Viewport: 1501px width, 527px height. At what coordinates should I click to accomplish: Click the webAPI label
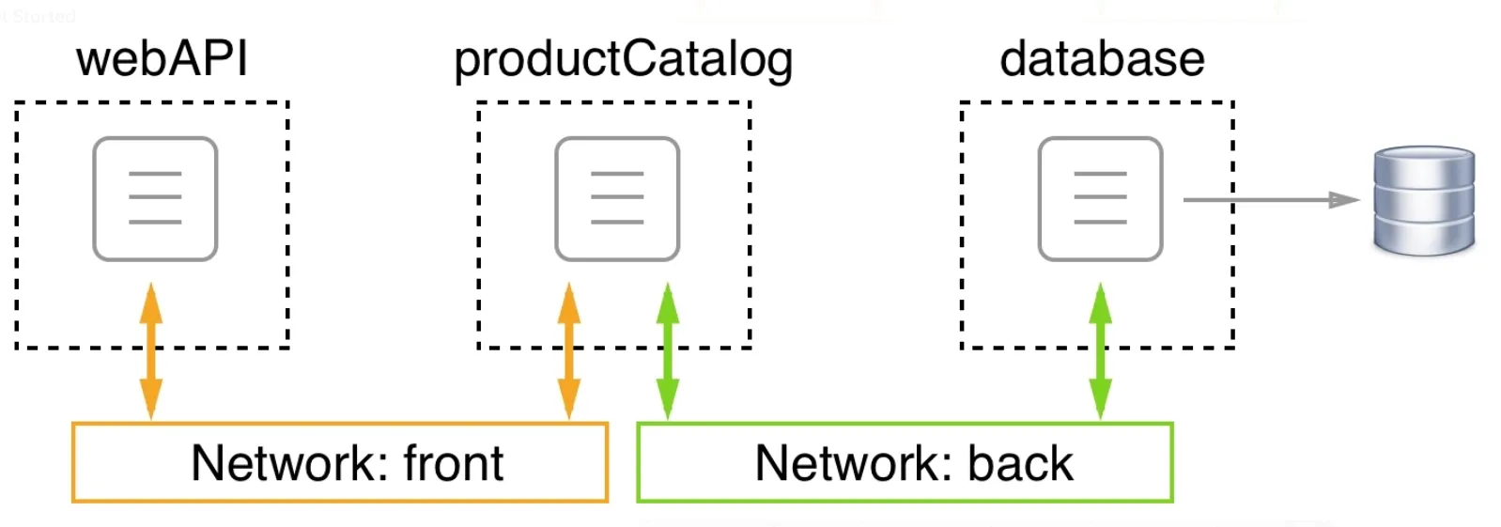[x=162, y=60]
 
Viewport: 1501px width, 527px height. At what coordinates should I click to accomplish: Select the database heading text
[x=1103, y=60]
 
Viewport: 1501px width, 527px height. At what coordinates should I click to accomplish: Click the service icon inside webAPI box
[x=156, y=198]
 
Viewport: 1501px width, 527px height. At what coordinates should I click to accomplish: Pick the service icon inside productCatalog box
[x=617, y=198]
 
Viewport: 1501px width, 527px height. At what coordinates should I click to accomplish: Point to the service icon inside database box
[x=1100, y=198]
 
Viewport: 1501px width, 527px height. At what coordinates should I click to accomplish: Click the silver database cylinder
[x=1424, y=200]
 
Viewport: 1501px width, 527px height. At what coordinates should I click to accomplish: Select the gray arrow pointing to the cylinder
[x=1272, y=200]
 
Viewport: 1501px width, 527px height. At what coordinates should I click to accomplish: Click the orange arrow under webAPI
[x=151, y=351]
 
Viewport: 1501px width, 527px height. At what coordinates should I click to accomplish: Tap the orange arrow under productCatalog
[x=569, y=351]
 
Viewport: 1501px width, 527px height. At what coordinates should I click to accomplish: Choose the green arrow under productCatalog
[x=668, y=351]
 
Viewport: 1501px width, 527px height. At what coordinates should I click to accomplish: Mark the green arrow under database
[x=1100, y=351]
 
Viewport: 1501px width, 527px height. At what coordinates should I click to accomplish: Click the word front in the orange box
[x=454, y=462]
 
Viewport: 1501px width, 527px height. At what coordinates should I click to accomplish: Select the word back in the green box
[x=1020, y=462]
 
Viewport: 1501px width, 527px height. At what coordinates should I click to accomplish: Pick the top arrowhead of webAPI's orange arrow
[x=151, y=303]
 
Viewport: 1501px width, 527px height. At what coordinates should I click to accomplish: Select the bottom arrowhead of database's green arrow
[x=1100, y=399]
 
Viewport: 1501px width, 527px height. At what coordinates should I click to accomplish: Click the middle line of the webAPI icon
[x=155, y=197]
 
